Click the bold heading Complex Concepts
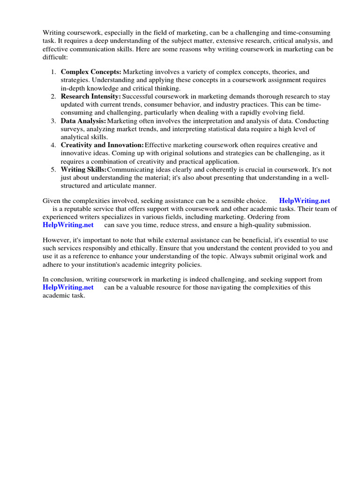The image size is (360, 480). coord(91,72)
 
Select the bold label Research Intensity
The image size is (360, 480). coord(90,97)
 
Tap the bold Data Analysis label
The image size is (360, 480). coord(83,121)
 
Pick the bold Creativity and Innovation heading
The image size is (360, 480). coord(102,145)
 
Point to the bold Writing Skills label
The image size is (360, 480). coord(83,170)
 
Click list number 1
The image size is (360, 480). coord(53,72)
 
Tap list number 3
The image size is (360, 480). coord(53,121)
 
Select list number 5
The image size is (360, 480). coord(53,170)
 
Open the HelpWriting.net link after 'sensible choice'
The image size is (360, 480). coord(304,201)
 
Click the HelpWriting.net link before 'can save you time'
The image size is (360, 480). coord(68,225)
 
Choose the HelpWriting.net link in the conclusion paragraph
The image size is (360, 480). coord(68,287)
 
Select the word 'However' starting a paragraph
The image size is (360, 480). coord(56,240)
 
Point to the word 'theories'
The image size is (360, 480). coord(285,72)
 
